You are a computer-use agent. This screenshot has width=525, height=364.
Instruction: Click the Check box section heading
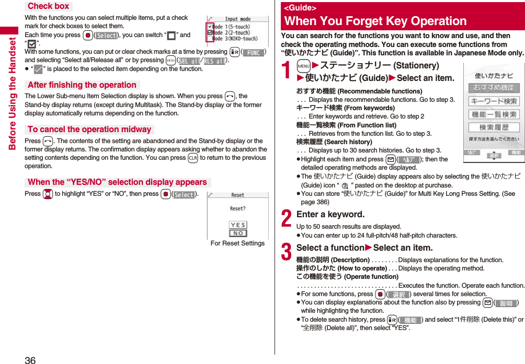click(x=48, y=6)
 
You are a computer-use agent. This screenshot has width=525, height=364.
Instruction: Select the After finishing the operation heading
click(x=82, y=85)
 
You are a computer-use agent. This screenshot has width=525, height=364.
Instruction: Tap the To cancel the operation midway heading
click(x=89, y=130)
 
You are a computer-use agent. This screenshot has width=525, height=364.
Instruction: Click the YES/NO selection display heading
click(x=117, y=182)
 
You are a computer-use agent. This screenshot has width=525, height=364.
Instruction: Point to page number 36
click(x=30, y=359)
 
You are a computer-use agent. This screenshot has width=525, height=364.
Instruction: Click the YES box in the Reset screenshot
click(x=238, y=225)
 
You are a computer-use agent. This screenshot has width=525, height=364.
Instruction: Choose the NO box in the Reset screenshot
click(x=238, y=233)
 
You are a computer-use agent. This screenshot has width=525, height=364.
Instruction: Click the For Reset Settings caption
click(x=237, y=243)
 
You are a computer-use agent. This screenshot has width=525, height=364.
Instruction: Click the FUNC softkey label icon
click(x=253, y=52)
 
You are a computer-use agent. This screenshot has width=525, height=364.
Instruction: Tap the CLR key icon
click(x=192, y=158)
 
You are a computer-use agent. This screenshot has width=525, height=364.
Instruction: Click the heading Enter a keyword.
click(x=330, y=214)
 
